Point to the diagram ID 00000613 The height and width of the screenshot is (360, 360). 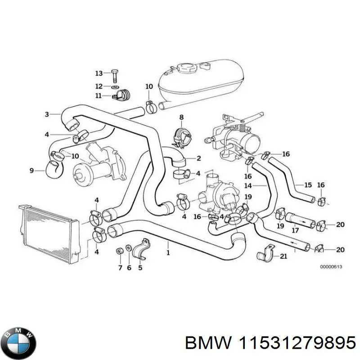tap(331, 267)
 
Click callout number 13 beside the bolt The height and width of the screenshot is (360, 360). tap(99, 73)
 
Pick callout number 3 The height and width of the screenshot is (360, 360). tap(47, 114)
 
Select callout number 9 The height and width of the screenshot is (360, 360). tap(31, 170)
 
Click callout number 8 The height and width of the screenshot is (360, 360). tap(181, 117)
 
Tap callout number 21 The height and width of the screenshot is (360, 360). tap(283, 257)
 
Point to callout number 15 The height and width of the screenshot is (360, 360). tap(308, 185)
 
